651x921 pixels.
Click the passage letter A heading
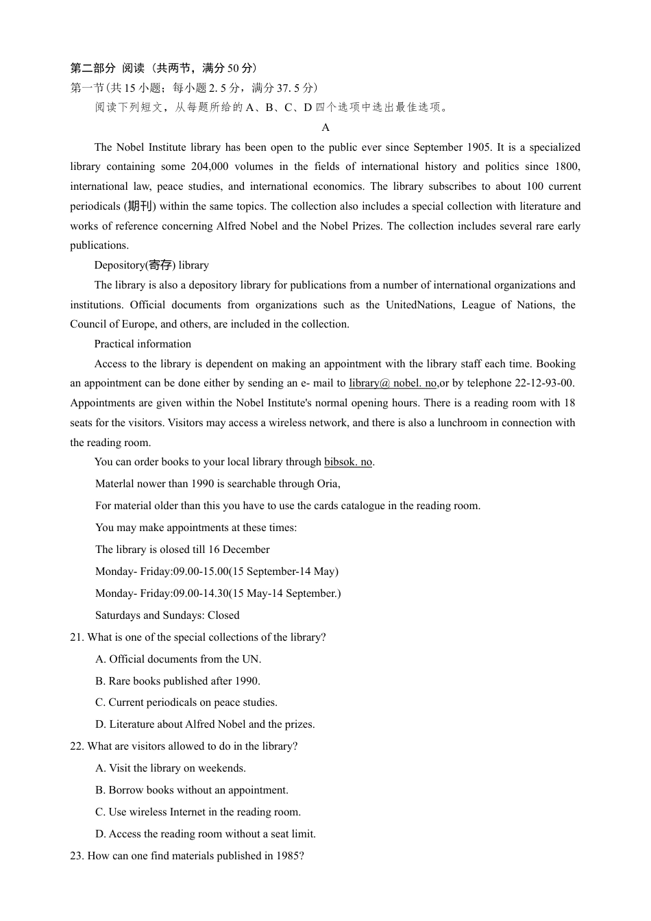325,127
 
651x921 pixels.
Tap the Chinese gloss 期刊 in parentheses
140,206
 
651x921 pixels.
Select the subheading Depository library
151,265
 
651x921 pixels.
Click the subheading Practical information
143,344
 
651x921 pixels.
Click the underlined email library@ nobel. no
393,383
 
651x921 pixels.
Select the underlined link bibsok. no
348,462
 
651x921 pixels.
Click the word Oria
328,484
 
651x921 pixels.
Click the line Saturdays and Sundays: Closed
167,615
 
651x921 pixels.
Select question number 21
77,637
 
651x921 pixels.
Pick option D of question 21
205,724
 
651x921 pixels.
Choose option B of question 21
177,681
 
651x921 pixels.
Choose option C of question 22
198,812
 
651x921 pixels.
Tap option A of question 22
171,768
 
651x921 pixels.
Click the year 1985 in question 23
288,856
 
